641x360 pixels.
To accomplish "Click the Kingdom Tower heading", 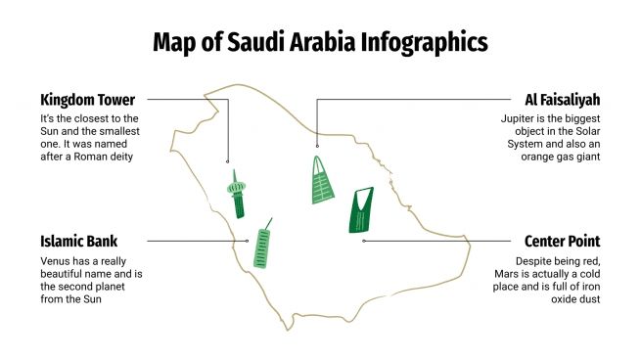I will (87, 100).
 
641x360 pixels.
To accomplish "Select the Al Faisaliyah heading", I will (563, 100).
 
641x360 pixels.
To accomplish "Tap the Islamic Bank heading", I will (79, 241).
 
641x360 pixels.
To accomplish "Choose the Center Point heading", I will (562, 241).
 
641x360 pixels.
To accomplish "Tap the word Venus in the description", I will (57, 261).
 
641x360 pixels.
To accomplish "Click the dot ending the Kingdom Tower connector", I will (228, 161).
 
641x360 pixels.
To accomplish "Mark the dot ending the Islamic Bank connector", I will (248, 241).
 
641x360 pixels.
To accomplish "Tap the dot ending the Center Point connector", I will (363, 241).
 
